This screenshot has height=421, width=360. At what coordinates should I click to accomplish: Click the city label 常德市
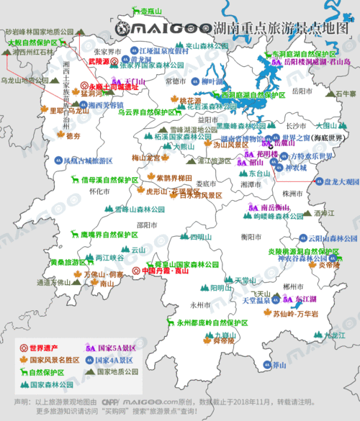tap(176, 81)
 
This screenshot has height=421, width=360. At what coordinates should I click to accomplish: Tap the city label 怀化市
tap(97, 192)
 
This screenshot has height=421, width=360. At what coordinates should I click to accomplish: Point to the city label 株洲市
tap(271, 193)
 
